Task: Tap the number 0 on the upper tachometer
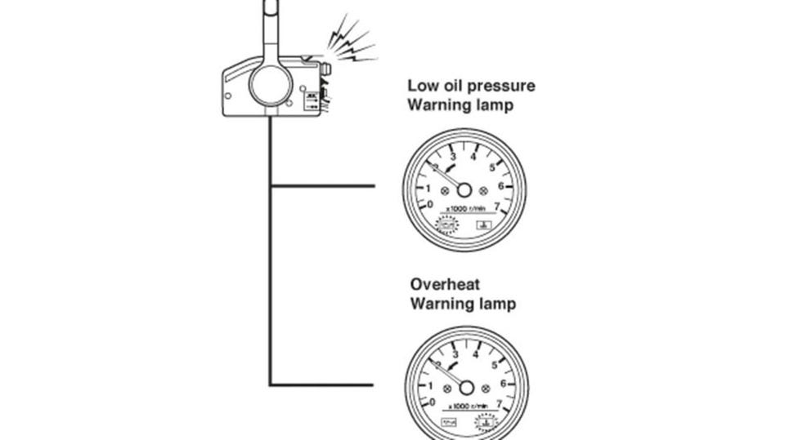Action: [431, 205]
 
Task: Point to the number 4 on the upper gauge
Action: [474, 156]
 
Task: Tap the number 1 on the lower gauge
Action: [431, 384]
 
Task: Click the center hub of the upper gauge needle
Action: [464, 189]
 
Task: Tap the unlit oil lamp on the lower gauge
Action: [449, 423]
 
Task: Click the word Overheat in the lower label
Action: [445, 285]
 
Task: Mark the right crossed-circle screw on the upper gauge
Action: [484, 190]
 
